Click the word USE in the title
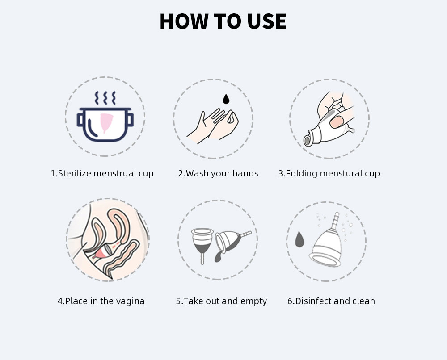pos(266,21)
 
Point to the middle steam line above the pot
pos(105,98)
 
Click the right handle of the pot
pos(130,120)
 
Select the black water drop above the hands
pos(226,99)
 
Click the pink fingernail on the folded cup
pos(336,121)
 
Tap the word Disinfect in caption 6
pos(313,301)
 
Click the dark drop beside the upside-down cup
pos(299,239)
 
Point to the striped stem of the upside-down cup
pos(336,221)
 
